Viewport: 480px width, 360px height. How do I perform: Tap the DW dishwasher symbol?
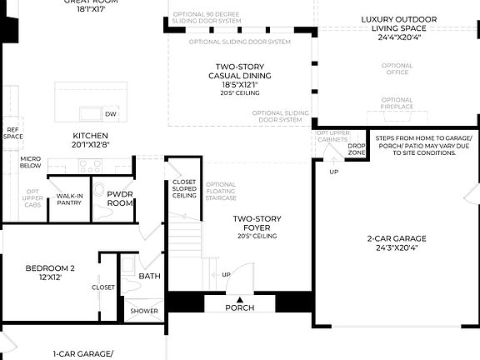tap(111, 113)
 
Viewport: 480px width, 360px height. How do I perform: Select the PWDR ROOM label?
tap(121, 198)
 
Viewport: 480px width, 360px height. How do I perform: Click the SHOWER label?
tap(144, 311)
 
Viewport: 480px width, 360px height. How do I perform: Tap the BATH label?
tap(150, 275)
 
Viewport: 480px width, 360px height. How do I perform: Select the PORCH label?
tap(240, 307)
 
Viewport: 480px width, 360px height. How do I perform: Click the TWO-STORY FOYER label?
tap(257, 223)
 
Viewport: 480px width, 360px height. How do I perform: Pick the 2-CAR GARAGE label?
tap(397, 242)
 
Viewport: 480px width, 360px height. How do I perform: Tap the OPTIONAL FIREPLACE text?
tap(397, 103)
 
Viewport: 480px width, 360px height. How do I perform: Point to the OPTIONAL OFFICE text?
tap(397, 68)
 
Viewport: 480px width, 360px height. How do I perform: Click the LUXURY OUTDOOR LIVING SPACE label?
tap(397, 27)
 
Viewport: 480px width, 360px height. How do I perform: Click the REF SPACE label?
tap(13, 132)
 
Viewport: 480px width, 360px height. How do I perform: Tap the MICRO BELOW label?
tap(31, 162)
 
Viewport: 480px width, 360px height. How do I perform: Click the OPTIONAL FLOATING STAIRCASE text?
tap(221, 192)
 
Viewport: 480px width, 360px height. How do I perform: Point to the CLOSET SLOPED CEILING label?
tap(184, 188)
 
